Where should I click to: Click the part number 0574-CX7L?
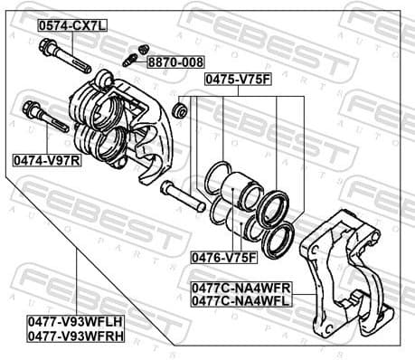[71, 26]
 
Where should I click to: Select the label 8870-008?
[177, 62]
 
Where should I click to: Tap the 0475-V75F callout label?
[237, 80]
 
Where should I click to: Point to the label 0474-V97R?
[46, 159]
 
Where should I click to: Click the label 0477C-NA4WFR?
[241, 288]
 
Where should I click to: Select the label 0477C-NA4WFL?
[241, 300]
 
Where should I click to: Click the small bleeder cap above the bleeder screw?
[142, 48]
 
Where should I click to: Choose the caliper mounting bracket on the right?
[347, 271]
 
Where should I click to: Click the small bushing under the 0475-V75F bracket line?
[179, 110]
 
